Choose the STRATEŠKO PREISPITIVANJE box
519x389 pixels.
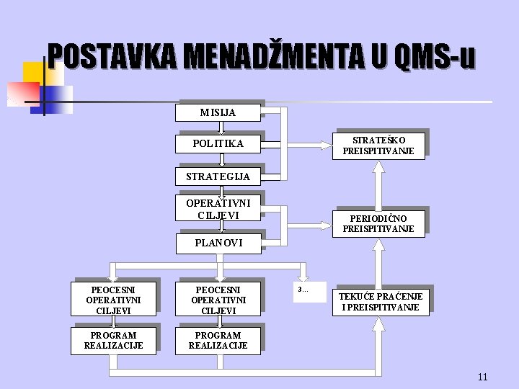tap(378, 146)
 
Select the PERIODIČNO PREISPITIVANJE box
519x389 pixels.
tap(378, 223)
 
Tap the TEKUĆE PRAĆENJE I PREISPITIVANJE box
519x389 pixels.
tap(381, 302)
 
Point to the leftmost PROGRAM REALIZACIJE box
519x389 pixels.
tap(113, 341)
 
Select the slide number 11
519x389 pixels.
tap(482, 377)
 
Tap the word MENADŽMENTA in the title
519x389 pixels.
tap(275, 57)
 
